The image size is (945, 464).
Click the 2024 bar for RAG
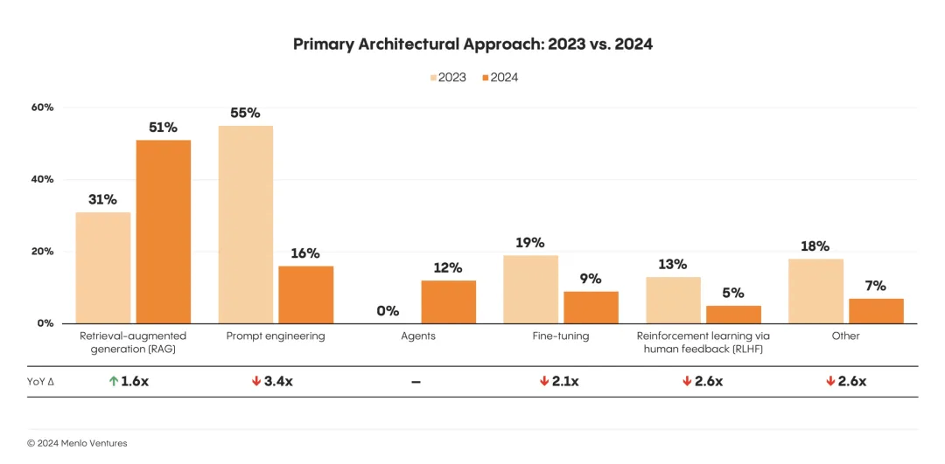coord(163,232)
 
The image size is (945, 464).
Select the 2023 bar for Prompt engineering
coord(246,225)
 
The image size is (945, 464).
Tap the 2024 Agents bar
coord(449,301)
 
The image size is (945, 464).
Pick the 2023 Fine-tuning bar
coord(531,289)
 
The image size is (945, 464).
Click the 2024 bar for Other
coord(876,311)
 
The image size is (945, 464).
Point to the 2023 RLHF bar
coord(674,300)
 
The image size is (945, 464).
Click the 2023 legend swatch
coord(433,78)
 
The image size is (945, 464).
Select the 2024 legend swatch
coord(485,78)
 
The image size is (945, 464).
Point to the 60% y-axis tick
coord(43,107)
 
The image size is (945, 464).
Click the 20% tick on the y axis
coord(43,252)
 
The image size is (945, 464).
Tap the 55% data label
coord(246,113)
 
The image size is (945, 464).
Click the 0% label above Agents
coord(388,311)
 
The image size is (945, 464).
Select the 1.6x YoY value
coord(135,382)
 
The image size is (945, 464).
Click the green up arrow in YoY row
coord(114,382)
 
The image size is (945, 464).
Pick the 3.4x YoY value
coord(278,382)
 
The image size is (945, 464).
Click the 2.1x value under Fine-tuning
coord(565,382)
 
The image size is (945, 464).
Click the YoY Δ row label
coord(39,382)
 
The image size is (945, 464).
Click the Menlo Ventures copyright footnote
coord(77,443)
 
